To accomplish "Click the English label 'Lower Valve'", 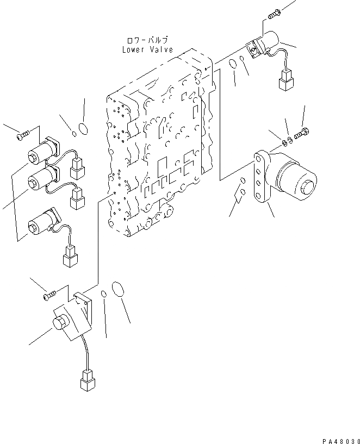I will pos(147,49).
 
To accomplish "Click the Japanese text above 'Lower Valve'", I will pos(147,40).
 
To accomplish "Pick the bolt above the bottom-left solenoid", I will pos(49,296).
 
